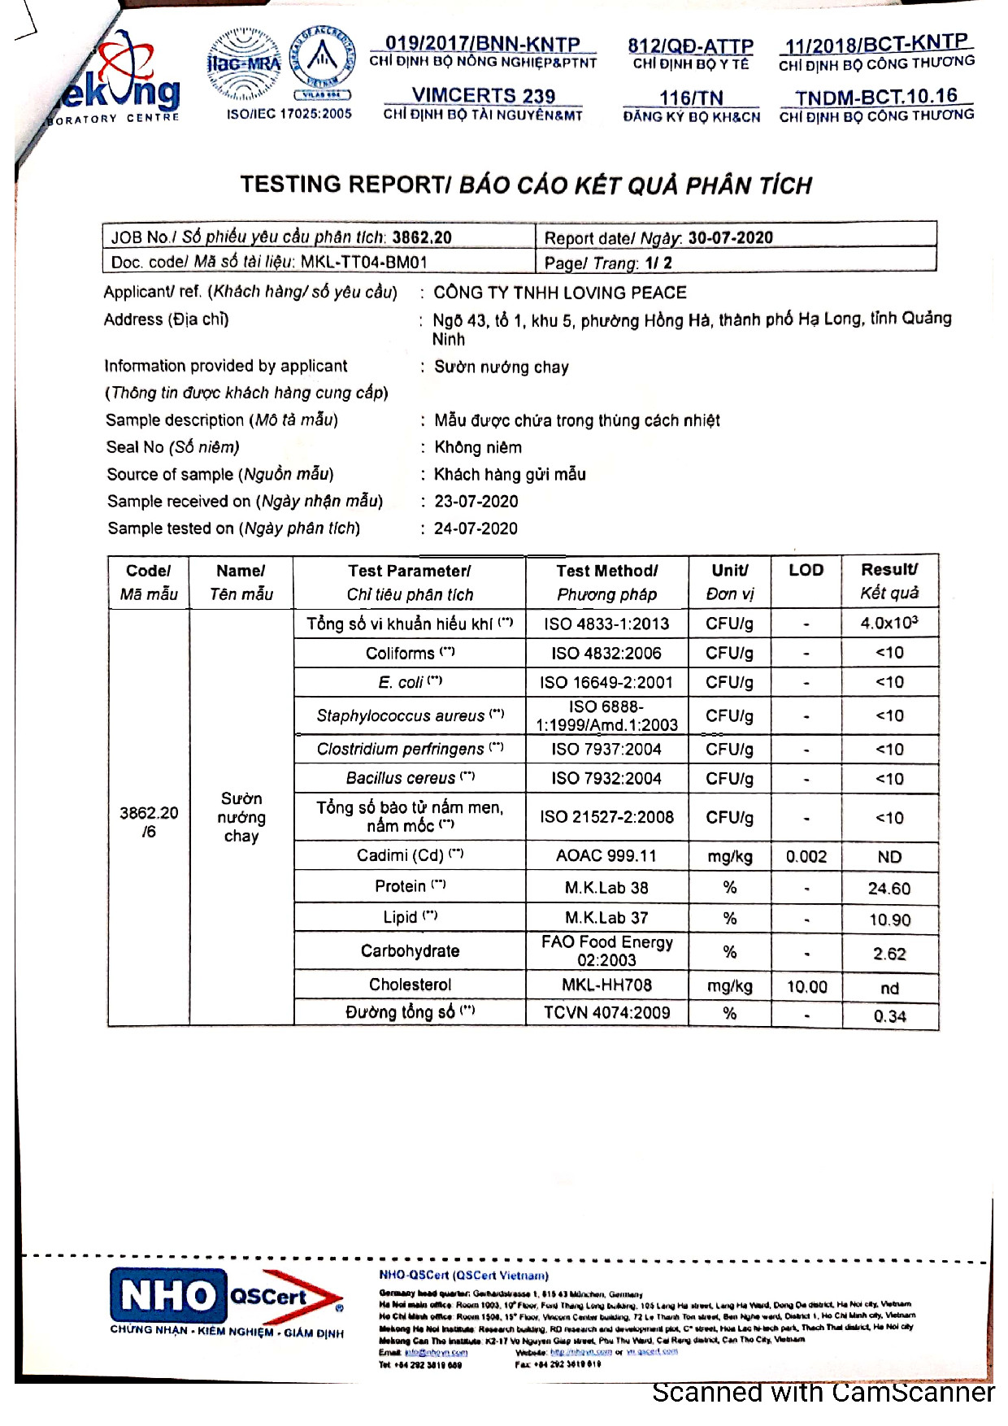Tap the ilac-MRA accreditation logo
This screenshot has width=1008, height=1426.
244,65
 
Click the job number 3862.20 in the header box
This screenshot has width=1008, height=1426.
421,237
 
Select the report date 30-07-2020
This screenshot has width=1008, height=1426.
730,237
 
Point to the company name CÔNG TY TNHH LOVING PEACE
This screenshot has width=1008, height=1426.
560,293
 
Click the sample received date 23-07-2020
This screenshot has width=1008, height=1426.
476,502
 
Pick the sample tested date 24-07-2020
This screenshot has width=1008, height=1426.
476,528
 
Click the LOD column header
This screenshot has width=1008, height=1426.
806,570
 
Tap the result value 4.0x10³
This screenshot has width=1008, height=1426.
889,623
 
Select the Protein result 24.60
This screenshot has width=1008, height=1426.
889,889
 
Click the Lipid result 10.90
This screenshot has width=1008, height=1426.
889,920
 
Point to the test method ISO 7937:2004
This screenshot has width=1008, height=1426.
606,749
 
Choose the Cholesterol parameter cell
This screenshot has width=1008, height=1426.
410,985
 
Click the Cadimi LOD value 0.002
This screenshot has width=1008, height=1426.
806,857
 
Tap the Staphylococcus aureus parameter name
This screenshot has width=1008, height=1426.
401,715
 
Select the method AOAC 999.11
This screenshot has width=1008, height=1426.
606,856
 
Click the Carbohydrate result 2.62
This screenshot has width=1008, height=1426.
889,954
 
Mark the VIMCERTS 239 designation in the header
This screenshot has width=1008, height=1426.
483,96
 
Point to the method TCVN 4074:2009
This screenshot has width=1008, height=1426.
606,1013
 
